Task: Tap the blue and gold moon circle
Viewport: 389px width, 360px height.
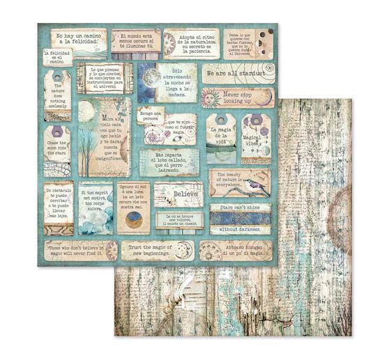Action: click(x=130, y=223)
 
